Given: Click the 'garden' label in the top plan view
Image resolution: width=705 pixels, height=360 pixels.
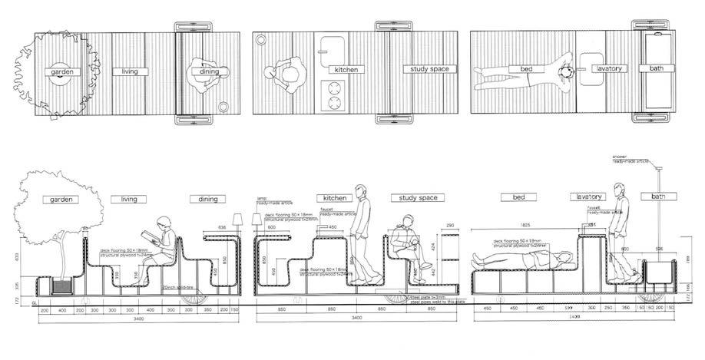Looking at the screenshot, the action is [62, 72].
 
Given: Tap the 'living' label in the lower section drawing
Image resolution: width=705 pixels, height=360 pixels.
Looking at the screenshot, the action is [128, 200].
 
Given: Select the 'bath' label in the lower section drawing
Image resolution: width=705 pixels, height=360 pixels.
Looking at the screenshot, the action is [657, 197].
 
